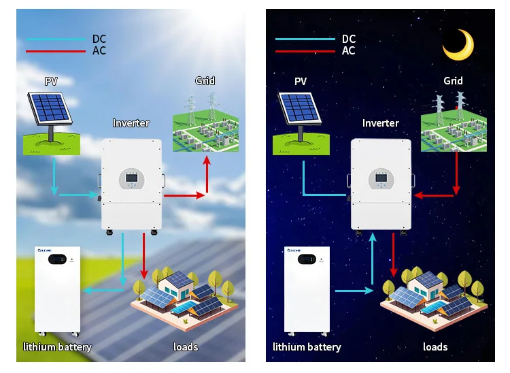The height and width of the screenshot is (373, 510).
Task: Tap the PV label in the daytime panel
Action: coord(51,81)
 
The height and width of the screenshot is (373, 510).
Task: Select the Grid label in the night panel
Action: coord(453,81)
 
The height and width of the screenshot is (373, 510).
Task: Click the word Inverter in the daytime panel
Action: coord(131,123)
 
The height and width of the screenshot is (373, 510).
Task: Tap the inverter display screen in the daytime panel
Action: coord(131,180)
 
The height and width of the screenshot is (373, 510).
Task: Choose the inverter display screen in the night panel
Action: coord(381,180)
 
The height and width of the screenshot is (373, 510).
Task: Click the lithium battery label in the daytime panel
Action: coord(57,347)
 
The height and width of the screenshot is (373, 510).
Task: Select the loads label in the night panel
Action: coord(435,347)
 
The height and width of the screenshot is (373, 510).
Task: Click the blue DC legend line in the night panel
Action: coord(304,39)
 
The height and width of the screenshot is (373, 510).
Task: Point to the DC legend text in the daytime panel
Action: coord(99,39)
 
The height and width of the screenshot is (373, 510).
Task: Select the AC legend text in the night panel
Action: coord(349,51)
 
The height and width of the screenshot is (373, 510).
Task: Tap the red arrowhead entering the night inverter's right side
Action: coord(419,195)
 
